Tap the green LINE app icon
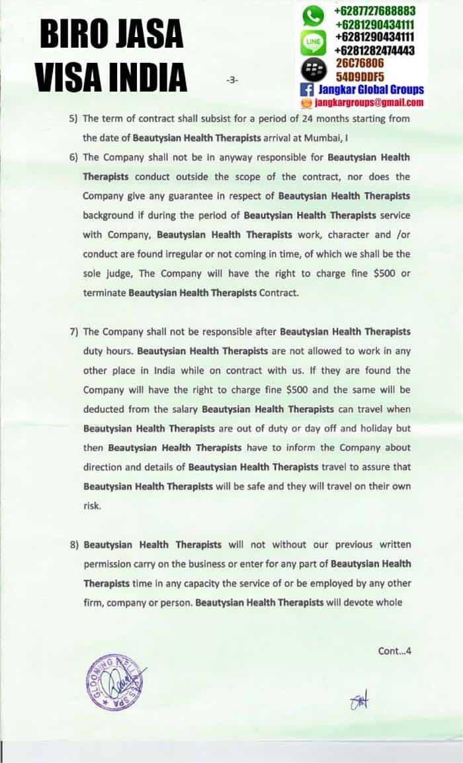click(314, 44)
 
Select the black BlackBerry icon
click(314, 69)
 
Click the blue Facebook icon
click(307, 89)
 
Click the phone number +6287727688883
click(375, 11)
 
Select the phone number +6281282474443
click(375, 50)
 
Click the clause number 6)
click(74, 157)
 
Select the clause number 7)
click(74, 332)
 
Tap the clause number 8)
click(74, 545)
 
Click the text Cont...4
click(394, 651)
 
